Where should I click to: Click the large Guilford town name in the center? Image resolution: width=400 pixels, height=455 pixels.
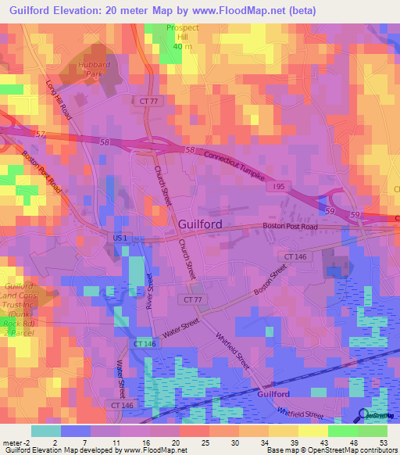pyautogui.click(x=200, y=224)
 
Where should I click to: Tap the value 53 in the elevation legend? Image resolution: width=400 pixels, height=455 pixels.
pyautogui.click(x=382, y=441)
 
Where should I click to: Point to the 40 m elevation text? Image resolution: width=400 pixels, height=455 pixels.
pyautogui.click(x=181, y=46)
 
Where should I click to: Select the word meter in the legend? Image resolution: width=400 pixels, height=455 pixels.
pyautogui.click(x=14, y=441)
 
